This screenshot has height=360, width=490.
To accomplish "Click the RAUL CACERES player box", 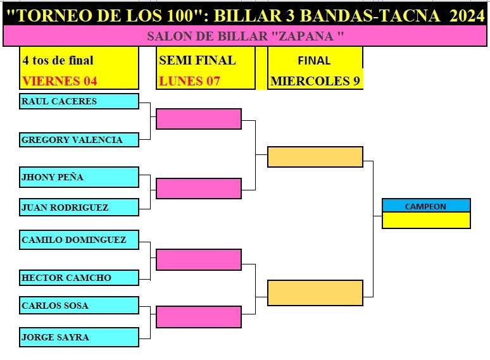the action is [x=79, y=101].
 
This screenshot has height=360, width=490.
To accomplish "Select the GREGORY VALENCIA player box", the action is [x=79, y=140].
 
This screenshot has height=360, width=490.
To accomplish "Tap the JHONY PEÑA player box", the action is [x=79, y=177].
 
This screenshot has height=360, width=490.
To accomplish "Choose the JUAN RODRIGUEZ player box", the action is [x=79, y=208].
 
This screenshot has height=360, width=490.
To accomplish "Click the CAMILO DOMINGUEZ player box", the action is [x=79, y=240].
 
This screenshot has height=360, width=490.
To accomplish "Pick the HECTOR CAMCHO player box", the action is [x=79, y=278].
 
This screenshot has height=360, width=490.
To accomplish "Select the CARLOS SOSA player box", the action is [x=79, y=305].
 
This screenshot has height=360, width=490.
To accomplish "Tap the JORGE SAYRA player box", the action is [x=79, y=337].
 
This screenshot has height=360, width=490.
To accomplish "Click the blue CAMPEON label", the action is [x=426, y=206].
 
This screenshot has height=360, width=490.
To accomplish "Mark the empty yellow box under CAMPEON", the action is [x=426, y=220].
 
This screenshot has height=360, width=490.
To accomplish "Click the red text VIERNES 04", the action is [x=60, y=81].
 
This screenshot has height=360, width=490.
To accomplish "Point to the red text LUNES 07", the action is [x=189, y=81].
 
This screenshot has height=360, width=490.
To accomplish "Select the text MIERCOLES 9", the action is [x=315, y=81].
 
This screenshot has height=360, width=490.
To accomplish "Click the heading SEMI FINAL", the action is [x=198, y=60].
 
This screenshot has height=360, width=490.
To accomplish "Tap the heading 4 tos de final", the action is [x=58, y=60].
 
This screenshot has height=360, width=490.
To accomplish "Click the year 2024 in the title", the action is [x=467, y=15].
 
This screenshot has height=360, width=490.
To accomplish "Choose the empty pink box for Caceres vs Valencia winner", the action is [x=199, y=119].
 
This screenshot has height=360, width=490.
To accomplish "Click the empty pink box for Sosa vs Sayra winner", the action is [x=199, y=317].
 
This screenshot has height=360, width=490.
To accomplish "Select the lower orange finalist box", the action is [x=315, y=293].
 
